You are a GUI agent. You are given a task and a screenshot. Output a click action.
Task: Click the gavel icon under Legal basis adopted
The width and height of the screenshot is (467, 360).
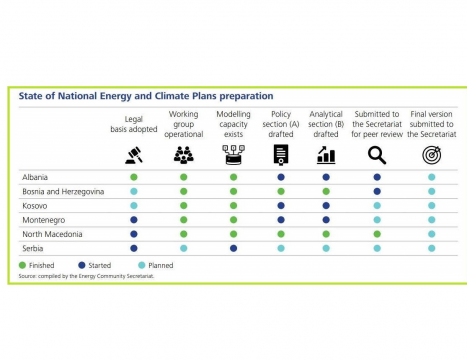pos(134,155)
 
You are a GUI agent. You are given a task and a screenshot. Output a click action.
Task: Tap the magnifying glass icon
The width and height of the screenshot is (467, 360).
pos(377,156)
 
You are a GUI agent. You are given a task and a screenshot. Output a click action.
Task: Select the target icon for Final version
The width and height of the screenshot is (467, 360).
pos(432,155)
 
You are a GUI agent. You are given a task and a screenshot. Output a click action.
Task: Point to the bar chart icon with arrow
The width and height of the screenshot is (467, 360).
pos(326,155)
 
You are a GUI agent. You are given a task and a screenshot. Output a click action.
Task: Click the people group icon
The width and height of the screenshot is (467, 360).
pos(184,155)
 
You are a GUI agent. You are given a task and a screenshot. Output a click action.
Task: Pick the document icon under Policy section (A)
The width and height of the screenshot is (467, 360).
pos(281,155)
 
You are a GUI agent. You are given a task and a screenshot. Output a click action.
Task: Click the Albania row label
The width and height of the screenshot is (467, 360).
pos(35,177)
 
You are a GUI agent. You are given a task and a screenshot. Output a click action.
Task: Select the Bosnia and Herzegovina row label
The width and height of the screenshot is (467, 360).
pos(63,192)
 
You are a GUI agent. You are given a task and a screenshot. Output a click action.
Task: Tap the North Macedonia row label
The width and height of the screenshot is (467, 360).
pos(52,234)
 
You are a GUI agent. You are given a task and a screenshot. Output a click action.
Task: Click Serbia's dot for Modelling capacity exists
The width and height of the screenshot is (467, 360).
pos(234,248)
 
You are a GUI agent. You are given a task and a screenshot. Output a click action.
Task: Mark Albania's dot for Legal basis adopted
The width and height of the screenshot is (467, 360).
pos(134,177)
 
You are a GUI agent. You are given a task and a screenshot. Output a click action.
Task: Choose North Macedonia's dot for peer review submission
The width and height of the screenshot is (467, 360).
pos(377,234)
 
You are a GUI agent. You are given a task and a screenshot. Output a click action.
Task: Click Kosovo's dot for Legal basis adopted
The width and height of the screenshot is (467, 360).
pos(134,206)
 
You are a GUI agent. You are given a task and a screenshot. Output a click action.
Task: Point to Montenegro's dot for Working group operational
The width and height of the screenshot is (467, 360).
pos(184,220)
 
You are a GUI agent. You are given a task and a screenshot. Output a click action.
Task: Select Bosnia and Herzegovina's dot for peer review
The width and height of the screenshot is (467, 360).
pos(377,192)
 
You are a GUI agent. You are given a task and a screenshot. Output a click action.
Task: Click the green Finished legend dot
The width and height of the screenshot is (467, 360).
pos(22,265)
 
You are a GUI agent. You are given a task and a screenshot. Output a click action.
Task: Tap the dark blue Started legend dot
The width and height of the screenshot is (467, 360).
pos(82,265)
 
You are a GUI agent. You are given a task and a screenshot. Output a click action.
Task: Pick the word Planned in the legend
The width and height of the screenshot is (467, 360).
pos(161,266)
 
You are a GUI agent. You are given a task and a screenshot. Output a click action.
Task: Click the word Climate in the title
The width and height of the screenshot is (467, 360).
pos(172,96)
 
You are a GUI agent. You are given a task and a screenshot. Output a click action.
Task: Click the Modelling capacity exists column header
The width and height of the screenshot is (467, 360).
pos(233,124)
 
